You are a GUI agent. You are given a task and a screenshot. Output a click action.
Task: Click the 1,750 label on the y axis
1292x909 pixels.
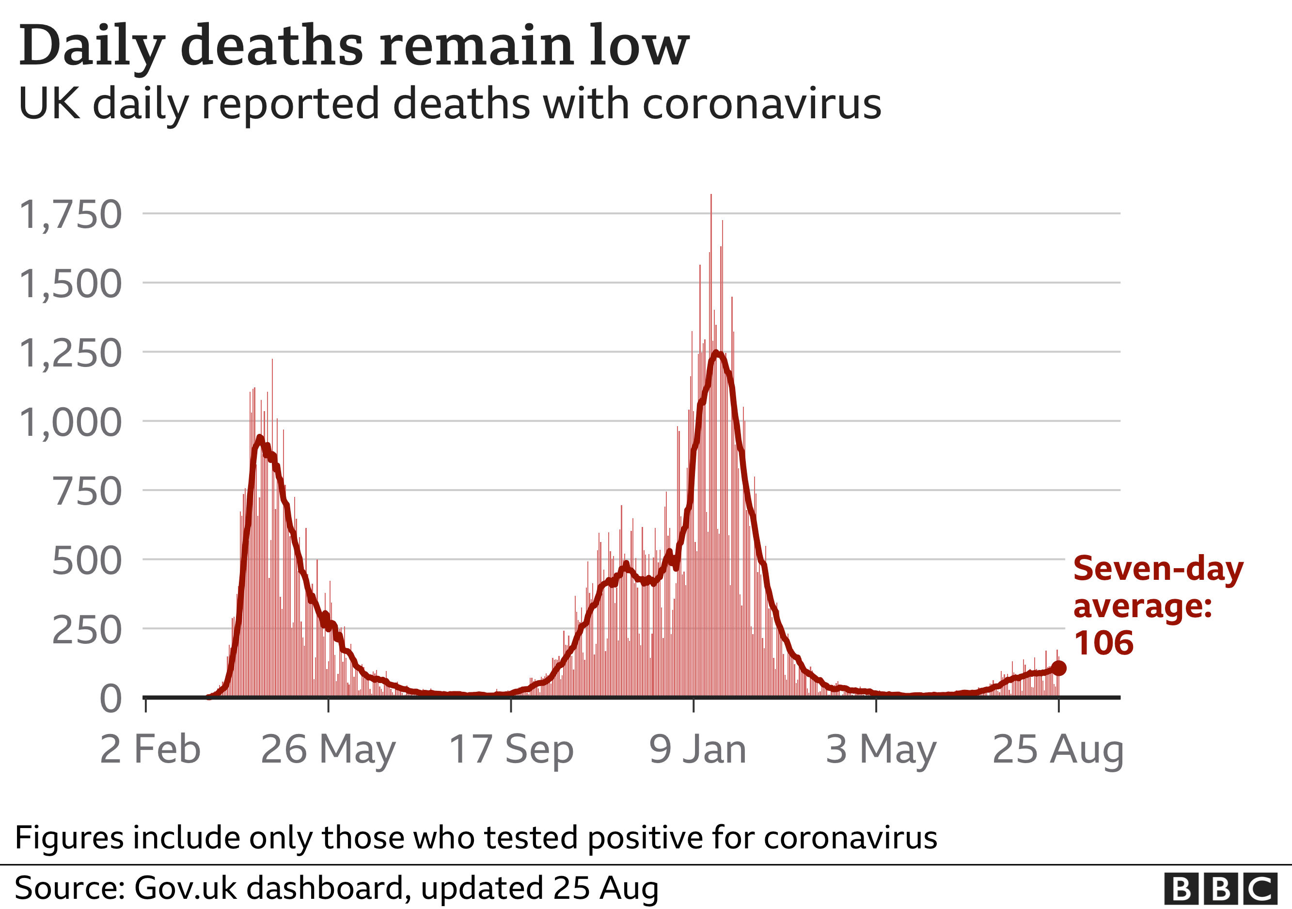pyautogui.click(x=70, y=215)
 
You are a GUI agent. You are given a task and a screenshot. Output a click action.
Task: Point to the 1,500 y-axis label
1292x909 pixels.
pyautogui.click(x=70, y=284)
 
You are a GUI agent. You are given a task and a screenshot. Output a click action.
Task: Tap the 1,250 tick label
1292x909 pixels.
pyautogui.click(x=70, y=354)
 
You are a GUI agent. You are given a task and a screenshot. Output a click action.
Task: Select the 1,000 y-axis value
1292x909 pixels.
pyautogui.click(x=70, y=423)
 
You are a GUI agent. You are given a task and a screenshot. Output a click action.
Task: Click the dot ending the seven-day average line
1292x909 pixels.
pyautogui.click(x=1058, y=669)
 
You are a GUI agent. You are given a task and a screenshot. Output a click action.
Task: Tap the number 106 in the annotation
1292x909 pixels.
pyautogui.click(x=1103, y=643)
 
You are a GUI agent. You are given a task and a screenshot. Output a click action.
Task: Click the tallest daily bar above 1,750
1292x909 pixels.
pyautogui.click(x=711, y=203)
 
